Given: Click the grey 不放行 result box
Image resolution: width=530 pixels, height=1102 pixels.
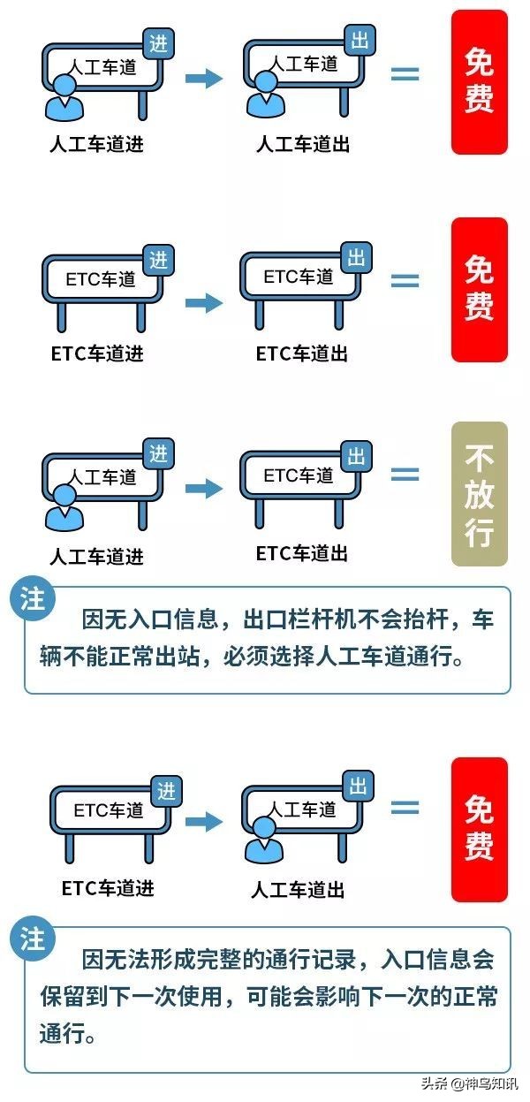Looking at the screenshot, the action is click(480, 493).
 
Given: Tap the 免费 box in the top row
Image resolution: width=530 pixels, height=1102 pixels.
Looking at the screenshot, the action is click(480, 82).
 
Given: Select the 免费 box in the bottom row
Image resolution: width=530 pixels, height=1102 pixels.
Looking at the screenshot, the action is click(480, 830).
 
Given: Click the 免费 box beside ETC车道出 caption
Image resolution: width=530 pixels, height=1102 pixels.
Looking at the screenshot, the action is click(480, 290).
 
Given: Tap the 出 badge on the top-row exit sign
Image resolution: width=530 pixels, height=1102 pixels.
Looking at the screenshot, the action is click(360, 40).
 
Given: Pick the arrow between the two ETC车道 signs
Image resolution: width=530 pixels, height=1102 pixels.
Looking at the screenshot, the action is click(204, 302).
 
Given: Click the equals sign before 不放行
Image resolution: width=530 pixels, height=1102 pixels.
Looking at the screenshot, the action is click(405, 475).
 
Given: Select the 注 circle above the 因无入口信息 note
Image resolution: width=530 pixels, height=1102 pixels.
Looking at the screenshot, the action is click(33, 598).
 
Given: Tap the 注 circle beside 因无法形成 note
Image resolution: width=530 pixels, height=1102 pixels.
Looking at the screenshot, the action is click(33, 939).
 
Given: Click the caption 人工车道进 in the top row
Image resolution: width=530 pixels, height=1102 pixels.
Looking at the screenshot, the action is click(97, 144).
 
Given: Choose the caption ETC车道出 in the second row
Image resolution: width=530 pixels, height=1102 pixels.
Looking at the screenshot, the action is click(302, 353).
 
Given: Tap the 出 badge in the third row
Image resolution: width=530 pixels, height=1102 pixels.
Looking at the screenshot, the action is click(357, 456).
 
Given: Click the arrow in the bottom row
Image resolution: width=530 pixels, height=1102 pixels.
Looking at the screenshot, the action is click(204, 821).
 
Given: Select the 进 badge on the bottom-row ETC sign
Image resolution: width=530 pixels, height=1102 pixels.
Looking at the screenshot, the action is click(167, 792).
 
